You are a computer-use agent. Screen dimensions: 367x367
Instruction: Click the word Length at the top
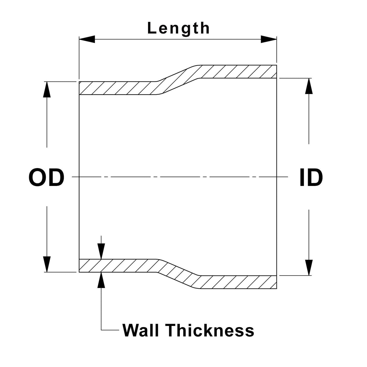179,28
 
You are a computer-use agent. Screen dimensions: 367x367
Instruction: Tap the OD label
46,177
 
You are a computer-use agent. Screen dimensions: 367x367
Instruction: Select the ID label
311,177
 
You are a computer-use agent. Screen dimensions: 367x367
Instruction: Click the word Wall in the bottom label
140,330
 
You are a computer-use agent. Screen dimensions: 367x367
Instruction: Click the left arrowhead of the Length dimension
87,39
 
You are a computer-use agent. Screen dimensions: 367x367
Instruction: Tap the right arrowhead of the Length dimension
269,39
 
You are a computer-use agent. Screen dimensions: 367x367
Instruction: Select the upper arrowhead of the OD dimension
47,89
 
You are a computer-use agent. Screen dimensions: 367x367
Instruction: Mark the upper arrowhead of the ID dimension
309,86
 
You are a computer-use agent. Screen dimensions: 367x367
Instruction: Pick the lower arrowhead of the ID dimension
309,268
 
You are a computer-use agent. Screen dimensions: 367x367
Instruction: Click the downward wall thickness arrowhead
101,251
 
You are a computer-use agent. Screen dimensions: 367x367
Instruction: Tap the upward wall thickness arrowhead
101,280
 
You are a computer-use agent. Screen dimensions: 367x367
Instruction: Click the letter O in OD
37,177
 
